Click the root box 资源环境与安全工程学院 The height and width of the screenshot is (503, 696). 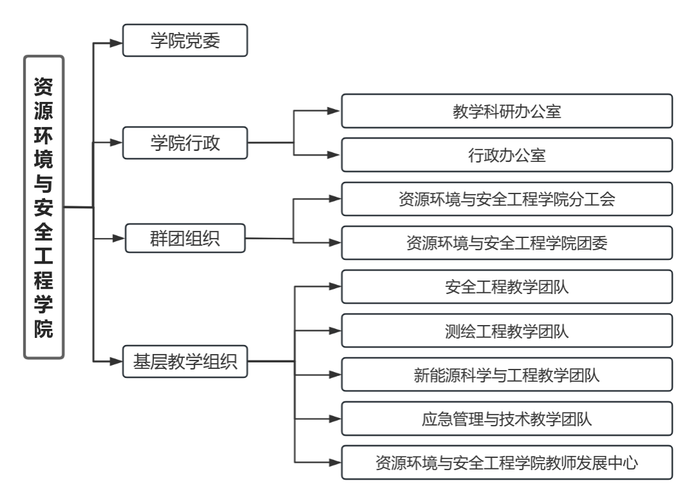point(44,207)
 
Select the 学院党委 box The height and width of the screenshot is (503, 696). point(185,41)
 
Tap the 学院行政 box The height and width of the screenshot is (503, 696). point(185,143)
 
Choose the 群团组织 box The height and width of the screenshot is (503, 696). point(185,239)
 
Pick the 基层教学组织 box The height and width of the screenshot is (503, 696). point(185,362)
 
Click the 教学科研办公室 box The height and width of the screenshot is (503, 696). point(507,111)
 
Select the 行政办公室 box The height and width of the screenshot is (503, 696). point(507,155)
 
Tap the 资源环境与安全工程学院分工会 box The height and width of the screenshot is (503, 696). point(507,199)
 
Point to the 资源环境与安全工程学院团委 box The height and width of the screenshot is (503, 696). point(507,242)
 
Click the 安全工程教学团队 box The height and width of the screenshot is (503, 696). point(507,286)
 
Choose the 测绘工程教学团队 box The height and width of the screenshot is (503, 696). point(507,331)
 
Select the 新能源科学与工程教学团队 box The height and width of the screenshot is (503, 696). point(507,375)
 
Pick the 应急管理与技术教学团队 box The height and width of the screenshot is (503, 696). point(507,419)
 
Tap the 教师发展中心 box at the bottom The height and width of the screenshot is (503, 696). point(507,462)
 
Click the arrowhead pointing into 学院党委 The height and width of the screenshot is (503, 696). point(116,44)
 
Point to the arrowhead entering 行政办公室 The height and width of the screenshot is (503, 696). point(334,155)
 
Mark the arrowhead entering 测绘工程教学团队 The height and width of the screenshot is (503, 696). point(334,331)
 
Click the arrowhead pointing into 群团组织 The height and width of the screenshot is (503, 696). point(116,239)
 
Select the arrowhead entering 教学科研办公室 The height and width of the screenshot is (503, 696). point(334,111)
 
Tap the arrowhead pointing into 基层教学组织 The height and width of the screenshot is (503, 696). point(116,362)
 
